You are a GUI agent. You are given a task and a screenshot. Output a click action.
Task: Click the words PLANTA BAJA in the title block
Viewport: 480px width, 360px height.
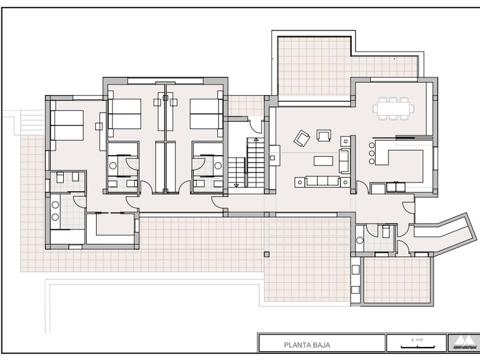pyautogui.click(x=307, y=344)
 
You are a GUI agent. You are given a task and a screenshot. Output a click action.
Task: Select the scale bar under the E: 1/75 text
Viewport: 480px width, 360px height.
pyautogui.click(x=414, y=345)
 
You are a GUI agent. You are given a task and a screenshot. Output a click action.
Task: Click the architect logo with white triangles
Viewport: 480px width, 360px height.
pyautogui.click(x=462, y=342)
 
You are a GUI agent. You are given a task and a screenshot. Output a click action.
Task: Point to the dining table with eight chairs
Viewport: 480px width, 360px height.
pyautogui.click(x=394, y=107)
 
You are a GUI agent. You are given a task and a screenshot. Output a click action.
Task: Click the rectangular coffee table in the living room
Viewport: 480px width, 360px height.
pyautogui.click(x=323, y=161)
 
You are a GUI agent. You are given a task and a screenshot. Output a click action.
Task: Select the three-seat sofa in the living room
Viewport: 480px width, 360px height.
pyautogui.click(x=322, y=181)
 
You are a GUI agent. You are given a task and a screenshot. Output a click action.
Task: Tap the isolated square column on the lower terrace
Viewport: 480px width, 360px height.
pyautogui.click(x=267, y=254)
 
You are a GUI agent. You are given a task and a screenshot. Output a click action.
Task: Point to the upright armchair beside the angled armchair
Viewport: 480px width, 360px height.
pyautogui.click(x=324, y=135)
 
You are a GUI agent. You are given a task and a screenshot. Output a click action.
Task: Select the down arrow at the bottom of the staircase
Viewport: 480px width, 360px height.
pyautogui.click(x=236, y=185)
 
